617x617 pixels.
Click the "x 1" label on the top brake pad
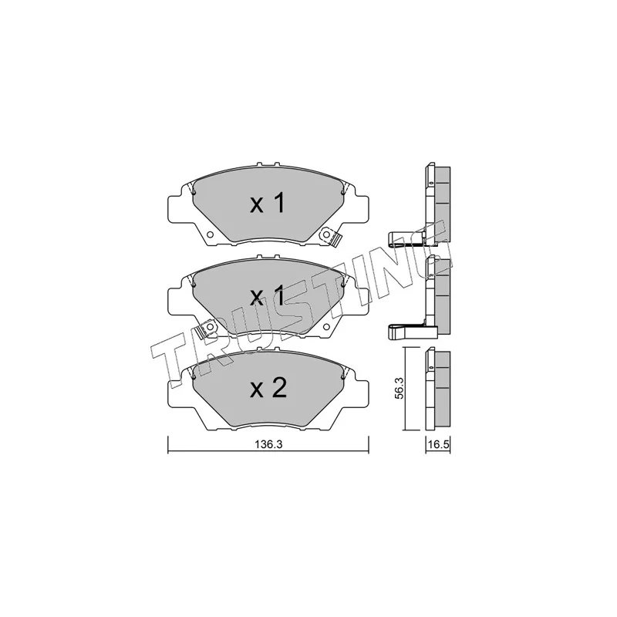click(268, 204)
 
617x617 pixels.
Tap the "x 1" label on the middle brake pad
click(268, 296)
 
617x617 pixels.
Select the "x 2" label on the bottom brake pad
click(268, 388)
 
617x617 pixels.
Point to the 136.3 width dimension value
click(268, 444)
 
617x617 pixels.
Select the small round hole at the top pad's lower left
click(208, 232)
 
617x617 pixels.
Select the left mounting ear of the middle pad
click(176, 298)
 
